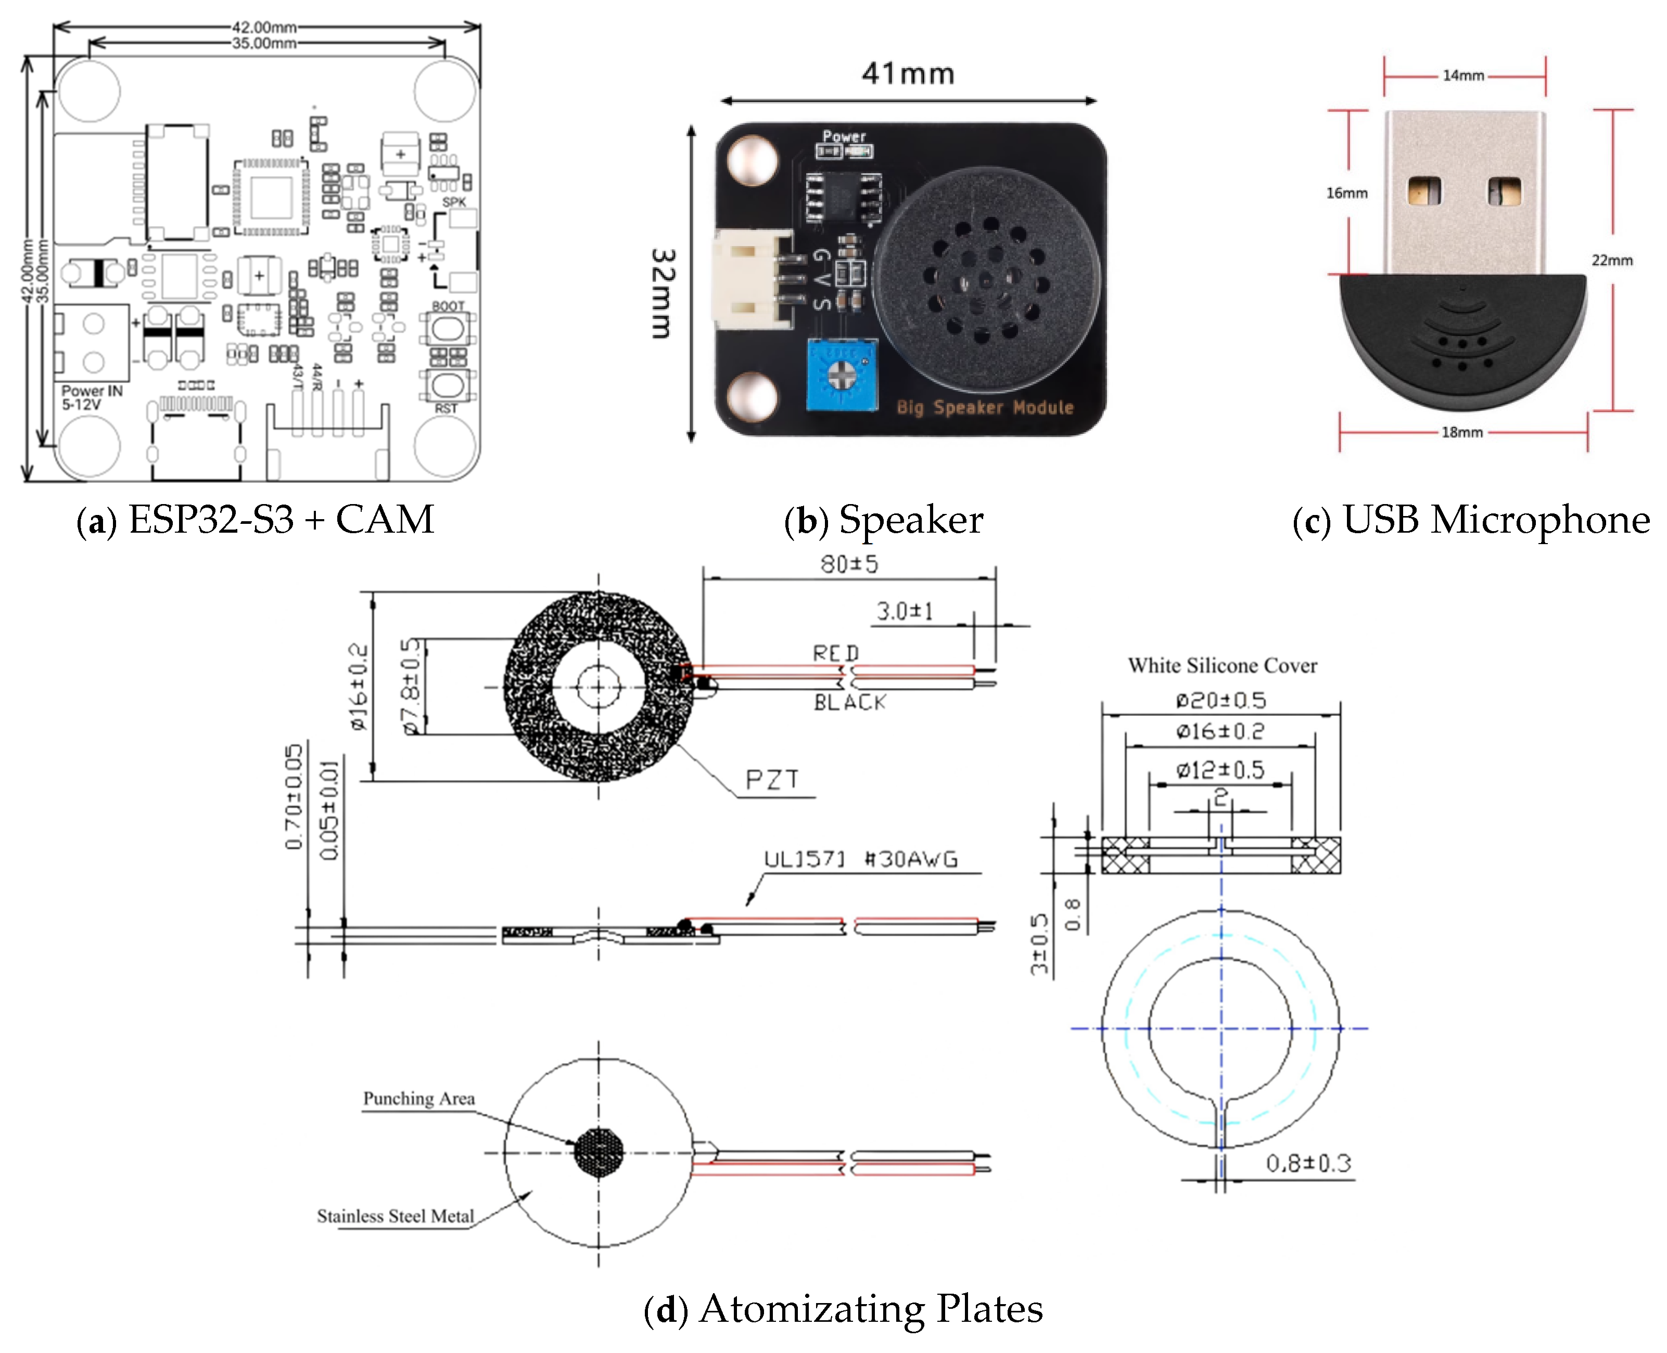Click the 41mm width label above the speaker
click(x=908, y=74)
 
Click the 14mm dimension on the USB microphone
click(x=1462, y=75)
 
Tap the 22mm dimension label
click(x=1612, y=260)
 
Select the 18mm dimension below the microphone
click(x=1462, y=432)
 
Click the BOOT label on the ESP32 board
click(x=448, y=305)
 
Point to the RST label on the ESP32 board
click(x=446, y=408)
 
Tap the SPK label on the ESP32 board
click(x=454, y=202)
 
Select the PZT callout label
click(x=772, y=779)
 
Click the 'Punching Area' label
click(x=418, y=1098)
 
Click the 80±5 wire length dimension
click(x=849, y=563)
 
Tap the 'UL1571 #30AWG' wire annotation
click(x=860, y=859)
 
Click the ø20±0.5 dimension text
click(x=1220, y=700)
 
